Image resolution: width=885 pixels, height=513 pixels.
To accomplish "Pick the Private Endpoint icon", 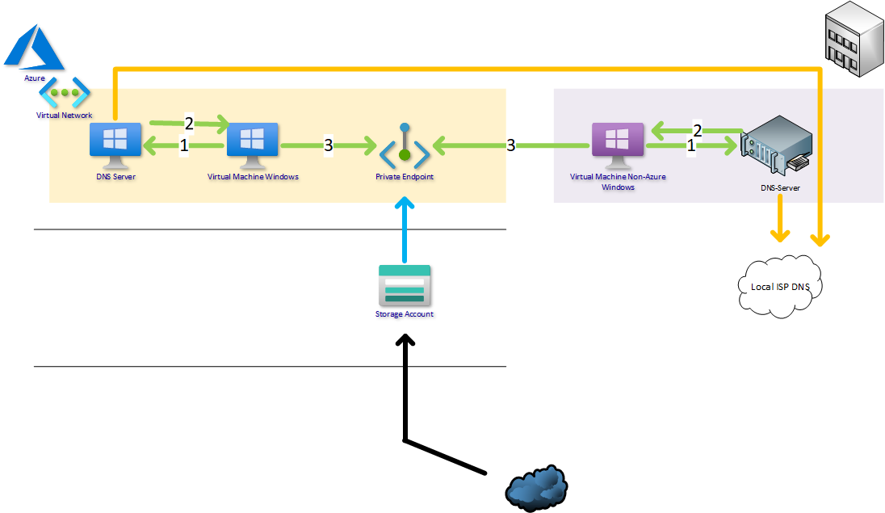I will point(405,146).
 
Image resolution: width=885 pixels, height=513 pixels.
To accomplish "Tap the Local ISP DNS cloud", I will point(774,287).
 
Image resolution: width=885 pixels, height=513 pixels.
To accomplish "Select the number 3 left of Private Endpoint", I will point(328,145).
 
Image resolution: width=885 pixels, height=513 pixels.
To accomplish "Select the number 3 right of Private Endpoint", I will point(511,145).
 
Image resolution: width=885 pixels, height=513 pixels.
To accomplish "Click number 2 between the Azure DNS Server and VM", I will point(189,124).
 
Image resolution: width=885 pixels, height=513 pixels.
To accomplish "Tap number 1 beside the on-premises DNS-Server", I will point(690,146).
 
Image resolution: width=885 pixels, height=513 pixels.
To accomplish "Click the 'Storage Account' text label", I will point(405,314).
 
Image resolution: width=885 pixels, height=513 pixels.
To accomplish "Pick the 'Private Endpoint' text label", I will point(405,176).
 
